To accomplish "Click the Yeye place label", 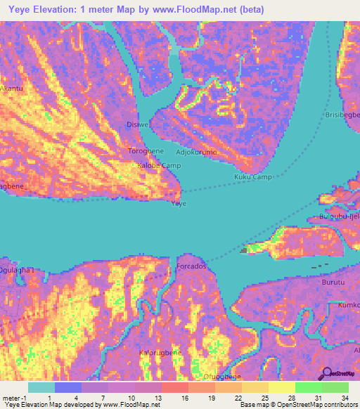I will [179, 203].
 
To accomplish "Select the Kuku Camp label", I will [252, 177].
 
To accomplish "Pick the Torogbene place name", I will [146, 151].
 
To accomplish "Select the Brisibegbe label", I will [342, 115].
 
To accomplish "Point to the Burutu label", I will [333, 281].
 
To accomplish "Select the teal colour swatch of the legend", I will [41, 387].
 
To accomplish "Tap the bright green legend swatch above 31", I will [308, 387].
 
